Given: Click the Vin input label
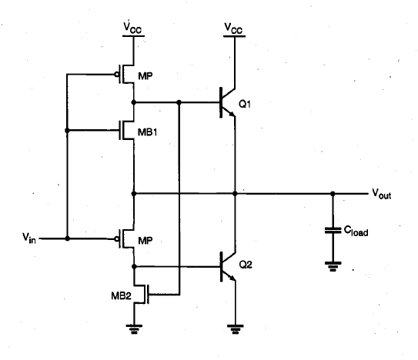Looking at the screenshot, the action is pyautogui.click(x=29, y=238).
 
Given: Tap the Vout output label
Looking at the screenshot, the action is pyautogui.click(x=382, y=194).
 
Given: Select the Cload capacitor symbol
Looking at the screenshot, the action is pyautogui.click(x=333, y=230).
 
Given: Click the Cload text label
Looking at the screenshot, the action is pyautogui.click(x=356, y=231).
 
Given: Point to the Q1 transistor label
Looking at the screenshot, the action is pyautogui.click(x=245, y=104).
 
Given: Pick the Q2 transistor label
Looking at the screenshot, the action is pyautogui.click(x=246, y=265).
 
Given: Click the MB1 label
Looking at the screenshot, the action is pyautogui.click(x=148, y=132).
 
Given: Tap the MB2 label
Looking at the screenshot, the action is pyautogui.click(x=122, y=295).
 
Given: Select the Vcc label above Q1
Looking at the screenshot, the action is pyautogui.click(x=233, y=28).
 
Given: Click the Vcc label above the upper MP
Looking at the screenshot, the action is pyautogui.click(x=132, y=28).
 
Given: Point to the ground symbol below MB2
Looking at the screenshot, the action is pyautogui.click(x=134, y=329).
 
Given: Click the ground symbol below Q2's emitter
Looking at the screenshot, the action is pyautogui.click(x=235, y=329).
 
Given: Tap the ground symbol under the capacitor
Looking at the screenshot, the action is pyautogui.click(x=333, y=266).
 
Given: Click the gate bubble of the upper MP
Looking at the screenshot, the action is pyautogui.click(x=117, y=75).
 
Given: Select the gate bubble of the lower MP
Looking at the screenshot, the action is pyautogui.click(x=117, y=239).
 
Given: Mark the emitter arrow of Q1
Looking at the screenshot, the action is pyautogui.click(x=232, y=115).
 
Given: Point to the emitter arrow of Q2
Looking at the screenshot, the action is pyautogui.click(x=232, y=278).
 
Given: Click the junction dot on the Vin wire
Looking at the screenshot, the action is pyautogui.click(x=68, y=238).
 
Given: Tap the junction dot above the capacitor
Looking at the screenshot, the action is pyautogui.click(x=333, y=194).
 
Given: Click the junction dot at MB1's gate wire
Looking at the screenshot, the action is pyautogui.click(x=67, y=130).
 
